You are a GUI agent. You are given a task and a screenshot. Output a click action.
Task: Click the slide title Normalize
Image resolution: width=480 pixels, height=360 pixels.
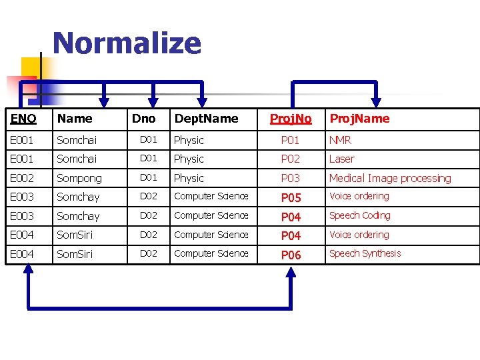pyautogui.click(x=127, y=43)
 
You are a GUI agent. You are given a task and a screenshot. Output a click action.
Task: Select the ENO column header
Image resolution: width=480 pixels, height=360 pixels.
pyautogui.click(x=23, y=119)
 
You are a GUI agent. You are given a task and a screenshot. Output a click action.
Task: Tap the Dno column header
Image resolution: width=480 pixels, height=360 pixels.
pyautogui.click(x=143, y=119)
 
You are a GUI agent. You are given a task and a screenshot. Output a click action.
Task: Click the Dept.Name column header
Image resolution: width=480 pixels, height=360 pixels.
pyautogui.click(x=205, y=119)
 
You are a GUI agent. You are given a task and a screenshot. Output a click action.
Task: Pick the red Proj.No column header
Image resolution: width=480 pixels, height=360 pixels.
pyautogui.click(x=290, y=119)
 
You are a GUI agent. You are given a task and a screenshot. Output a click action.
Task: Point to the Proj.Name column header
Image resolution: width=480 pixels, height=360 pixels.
pyautogui.click(x=359, y=119)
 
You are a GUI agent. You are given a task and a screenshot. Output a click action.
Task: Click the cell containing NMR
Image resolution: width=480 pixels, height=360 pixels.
pyautogui.click(x=340, y=140)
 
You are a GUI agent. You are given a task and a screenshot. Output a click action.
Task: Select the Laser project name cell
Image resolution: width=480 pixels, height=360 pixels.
pyautogui.click(x=341, y=159)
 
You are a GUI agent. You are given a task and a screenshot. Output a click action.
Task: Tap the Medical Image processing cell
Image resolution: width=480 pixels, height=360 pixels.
pyautogui.click(x=389, y=178)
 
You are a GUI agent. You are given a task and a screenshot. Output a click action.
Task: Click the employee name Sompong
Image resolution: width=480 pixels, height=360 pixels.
pyautogui.click(x=79, y=178)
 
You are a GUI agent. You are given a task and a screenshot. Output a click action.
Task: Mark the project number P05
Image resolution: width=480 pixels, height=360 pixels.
pyautogui.click(x=291, y=197)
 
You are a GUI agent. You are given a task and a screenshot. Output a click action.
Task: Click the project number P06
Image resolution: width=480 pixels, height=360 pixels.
pyautogui.click(x=291, y=255)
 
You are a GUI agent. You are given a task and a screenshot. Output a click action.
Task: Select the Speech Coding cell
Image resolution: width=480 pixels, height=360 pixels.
pyautogui.click(x=359, y=215)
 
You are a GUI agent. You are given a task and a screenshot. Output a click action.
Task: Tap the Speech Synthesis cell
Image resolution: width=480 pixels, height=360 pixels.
pyautogui.click(x=365, y=253)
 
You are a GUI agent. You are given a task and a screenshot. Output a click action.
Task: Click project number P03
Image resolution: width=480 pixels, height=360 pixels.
pyautogui.click(x=290, y=178)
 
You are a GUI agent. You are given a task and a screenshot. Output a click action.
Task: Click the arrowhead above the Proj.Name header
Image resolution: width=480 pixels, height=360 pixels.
pyautogui.click(x=376, y=101)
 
